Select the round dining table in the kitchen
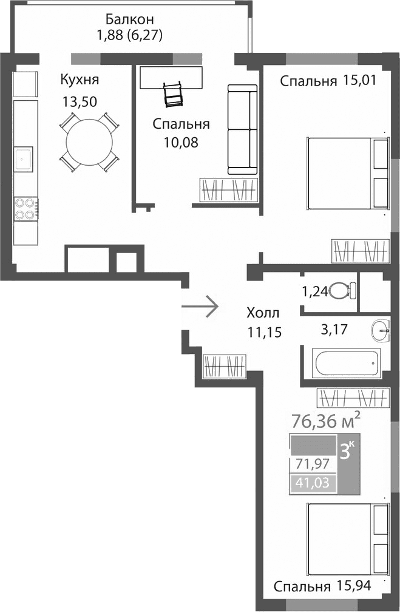[x=89, y=141]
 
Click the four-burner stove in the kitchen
[x=24, y=208]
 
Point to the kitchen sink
[x=24, y=159]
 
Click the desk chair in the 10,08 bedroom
[x=173, y=94]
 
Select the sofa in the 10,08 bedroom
[x=242, y=129]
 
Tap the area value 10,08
[x=181, y=143]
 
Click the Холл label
[x=263, y=313]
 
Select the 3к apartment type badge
[x=348, y=452]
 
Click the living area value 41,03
[x=313, y=484]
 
